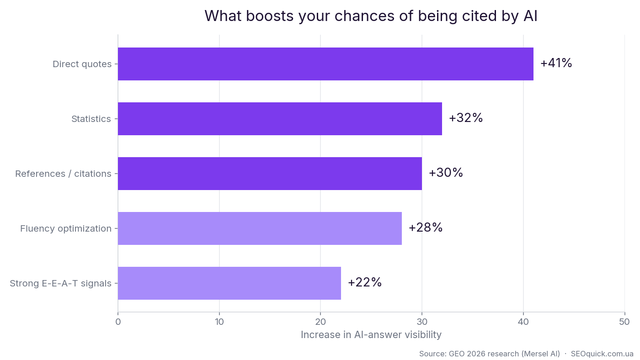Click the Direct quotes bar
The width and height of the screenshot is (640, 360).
[325, 64]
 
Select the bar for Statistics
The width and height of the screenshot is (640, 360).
[280, 119]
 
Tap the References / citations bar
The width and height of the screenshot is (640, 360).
[270, 174]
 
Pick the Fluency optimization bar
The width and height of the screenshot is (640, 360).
[260, 228]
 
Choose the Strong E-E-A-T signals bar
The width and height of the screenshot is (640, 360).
[229, 283]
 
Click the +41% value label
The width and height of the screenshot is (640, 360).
[556, 63]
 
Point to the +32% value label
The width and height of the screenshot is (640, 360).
[466, 118]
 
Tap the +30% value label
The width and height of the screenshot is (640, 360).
[446, 173]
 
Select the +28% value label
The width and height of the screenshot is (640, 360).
[426, 228]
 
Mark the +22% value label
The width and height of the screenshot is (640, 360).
[365, 282]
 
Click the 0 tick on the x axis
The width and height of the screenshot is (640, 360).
[118, 322]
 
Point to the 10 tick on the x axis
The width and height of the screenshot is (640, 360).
[219, 322]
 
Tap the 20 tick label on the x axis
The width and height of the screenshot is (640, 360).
[320, 322]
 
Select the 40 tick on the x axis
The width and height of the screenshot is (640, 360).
[523, 322]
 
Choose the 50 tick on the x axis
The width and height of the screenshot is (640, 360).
[624, 322]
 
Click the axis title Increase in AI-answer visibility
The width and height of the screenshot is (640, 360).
[371, 335]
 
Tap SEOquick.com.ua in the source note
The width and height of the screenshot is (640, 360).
[602, 354]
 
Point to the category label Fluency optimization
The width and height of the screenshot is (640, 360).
[66, 229]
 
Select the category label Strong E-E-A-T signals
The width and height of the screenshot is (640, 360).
[60, 284]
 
